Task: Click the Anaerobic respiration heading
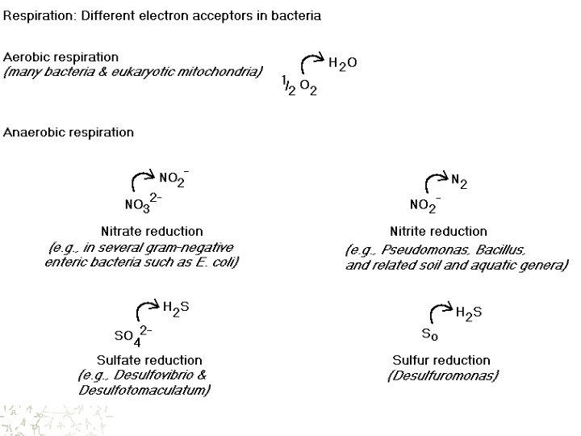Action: (x=69, y=132)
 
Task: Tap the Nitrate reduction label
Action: (x=152, y=232)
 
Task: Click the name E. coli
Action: (x=217, y=262)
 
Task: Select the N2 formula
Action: (x=461, y=183)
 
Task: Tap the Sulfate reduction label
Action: (x=150, y=360)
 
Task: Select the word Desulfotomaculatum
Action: (x=144, y=391)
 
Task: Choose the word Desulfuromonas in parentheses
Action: (x=444, y=375)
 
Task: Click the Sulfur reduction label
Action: (x=441, y=360)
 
